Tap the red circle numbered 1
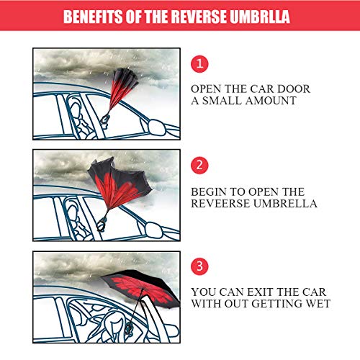(199, 64)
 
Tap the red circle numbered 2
(199, 165)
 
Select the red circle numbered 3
(199, 265)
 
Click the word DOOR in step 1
(295, 89)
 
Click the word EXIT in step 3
(257, 292)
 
